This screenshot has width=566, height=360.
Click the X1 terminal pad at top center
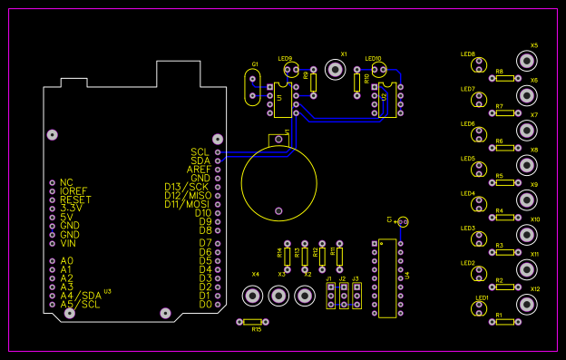point(332,68)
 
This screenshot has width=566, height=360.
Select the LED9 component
point(290,69)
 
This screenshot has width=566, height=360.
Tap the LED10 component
point(380,69)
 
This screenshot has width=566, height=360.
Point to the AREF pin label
point(199,170)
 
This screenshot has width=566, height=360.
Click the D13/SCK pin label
point(186,187)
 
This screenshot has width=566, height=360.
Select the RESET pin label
point(75,199)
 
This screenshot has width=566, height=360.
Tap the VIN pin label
point(68,243)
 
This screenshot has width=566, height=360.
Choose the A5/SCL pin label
point(81,304)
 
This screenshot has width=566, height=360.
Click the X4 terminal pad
point(253,296)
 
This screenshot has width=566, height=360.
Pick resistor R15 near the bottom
point(253,322)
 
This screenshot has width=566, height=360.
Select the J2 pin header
point(344,295)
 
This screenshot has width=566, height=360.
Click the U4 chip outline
point(387,277)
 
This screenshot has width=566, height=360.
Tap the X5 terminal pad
point(526,61)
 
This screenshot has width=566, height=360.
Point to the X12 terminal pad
point(526,305)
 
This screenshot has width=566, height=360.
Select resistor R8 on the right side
point(505,79)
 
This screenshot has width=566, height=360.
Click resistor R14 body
point(288,256)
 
